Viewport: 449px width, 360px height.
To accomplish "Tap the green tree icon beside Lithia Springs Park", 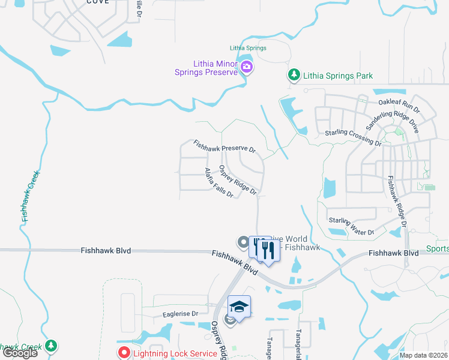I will point(294,76).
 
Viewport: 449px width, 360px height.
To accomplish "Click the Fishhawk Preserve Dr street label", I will point(224,146).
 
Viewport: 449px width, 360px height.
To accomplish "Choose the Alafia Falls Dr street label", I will point(218,184).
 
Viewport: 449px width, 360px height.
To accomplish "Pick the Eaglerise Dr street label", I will point(180,314).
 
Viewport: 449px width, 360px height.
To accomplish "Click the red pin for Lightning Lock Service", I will point(124,353).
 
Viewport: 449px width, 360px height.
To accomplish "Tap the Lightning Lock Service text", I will point(175,353).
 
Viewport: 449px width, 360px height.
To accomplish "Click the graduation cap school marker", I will point(239,307).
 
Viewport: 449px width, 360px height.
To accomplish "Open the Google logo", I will point(20,353).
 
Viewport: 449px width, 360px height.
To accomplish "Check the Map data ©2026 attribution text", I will point(423,355).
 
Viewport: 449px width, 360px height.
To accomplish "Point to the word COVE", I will point(98,2).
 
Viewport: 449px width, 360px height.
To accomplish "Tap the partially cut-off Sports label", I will point(438,248).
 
